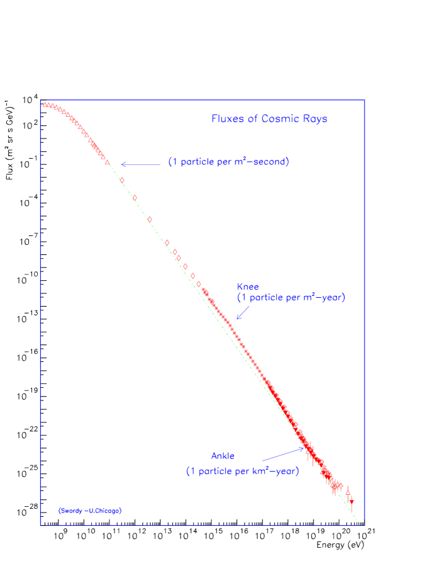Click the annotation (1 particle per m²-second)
[228, 162]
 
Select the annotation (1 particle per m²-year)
[291, 298]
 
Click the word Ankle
[223, 456]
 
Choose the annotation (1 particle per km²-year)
[242, 471]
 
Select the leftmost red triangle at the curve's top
[45, 105]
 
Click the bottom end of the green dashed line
[358, 522]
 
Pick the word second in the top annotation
[270, 162]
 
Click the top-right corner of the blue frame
[365, 100]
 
